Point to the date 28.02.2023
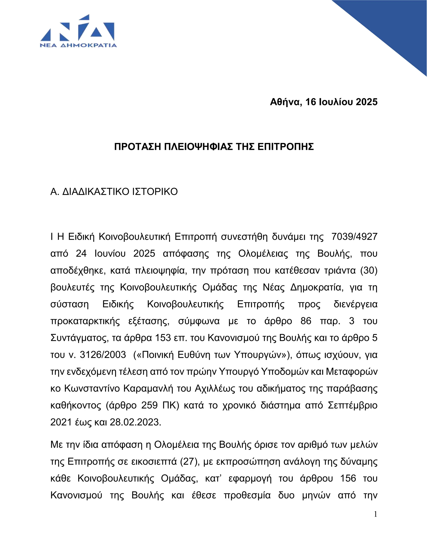pyautogui.click(x=135, y=422)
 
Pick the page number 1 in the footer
pyautogui.click(x=376, y=514)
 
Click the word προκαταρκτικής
pyautogui.click(x=85, y=321)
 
